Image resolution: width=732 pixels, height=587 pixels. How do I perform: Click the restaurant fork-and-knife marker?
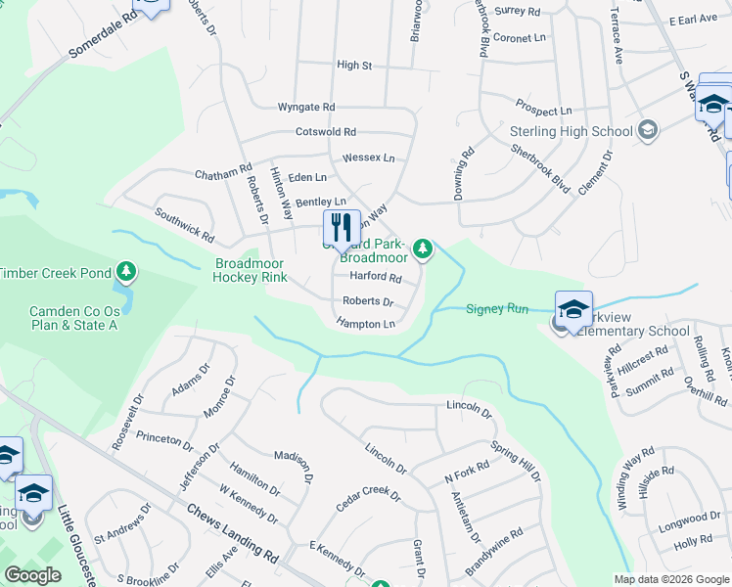[342, 229]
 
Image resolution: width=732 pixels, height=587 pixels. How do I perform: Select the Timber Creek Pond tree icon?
[125, 270]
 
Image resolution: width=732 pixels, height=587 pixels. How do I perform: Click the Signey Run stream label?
[497, 309]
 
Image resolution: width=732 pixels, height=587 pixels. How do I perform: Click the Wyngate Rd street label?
[306, 107]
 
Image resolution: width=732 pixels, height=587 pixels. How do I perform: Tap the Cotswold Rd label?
[326, 131]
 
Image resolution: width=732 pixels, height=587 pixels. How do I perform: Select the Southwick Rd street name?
[184, 223]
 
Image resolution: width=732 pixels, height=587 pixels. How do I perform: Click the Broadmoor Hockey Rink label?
[251, 270]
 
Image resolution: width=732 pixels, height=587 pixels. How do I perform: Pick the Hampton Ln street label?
[365, 323]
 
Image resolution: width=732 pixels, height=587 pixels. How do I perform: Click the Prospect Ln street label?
[544, 108]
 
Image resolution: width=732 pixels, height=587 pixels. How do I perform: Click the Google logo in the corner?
[33, 575]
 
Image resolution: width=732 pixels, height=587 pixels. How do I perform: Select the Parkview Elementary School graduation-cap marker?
[572, 310]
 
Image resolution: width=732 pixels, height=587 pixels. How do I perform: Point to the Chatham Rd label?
[223, 173]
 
